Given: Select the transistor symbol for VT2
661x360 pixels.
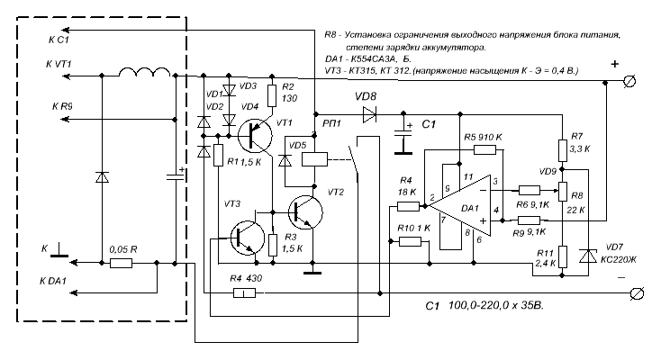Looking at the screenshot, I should (x=307, y=213).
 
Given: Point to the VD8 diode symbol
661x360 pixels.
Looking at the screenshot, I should (x=367, y=114).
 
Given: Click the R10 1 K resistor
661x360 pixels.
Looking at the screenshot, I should (x=410, y=241).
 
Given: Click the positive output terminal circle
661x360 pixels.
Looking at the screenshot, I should (x=630, y=82).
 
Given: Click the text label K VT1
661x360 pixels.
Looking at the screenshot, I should (x=57, y=65).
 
